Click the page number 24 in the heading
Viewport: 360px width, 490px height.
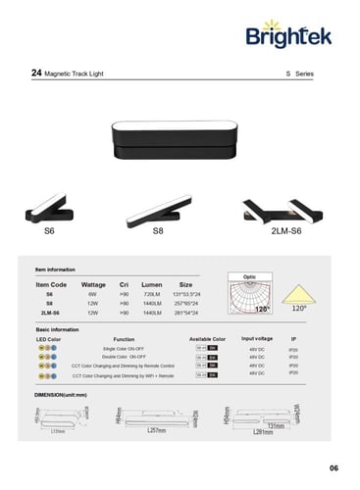[x=37, y=73]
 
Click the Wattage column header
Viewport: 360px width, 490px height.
[x=93, y=283]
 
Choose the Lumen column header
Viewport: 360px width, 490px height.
[x=152, y=283]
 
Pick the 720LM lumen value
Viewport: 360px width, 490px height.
[x=152, y=293]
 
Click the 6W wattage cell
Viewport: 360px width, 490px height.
[x=92, y=293]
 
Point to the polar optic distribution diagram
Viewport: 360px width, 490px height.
[x=247, y=295]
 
